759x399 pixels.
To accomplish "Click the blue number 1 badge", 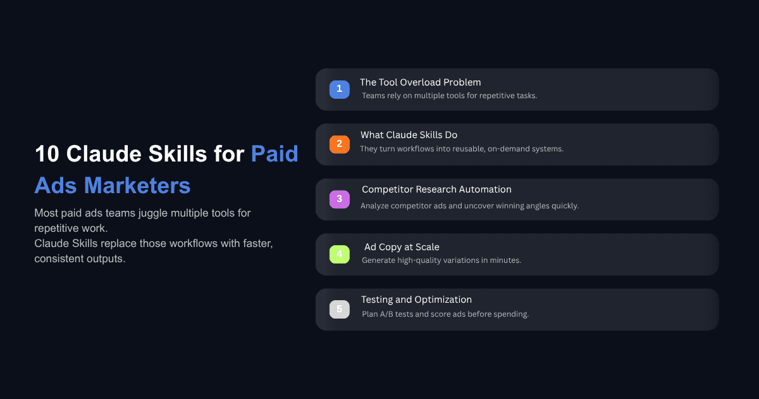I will coord(339,89).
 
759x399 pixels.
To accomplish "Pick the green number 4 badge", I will coord(339,255).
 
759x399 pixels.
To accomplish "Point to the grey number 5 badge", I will coord(339,310).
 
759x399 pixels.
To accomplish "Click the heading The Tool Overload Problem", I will coord(420,82).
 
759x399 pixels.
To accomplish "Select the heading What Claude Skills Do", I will coord(409,135).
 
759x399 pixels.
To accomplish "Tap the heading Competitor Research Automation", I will coord(436,189).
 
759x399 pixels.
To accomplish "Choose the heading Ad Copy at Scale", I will coord(402,247).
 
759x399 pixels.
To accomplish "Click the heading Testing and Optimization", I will coord(416,300).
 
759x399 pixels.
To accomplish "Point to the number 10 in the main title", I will coord(47,154).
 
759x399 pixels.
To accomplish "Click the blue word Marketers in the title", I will coord(137,186).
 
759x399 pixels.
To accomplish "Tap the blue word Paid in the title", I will coord(275,154).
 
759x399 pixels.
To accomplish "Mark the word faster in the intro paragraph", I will coord(257,244).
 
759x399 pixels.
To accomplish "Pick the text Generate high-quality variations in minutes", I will coord(441,260).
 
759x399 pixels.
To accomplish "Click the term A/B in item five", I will coord(387,314).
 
